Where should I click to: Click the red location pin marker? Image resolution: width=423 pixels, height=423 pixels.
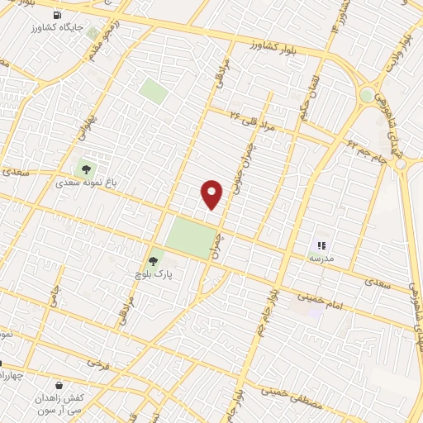[x=212, y=193]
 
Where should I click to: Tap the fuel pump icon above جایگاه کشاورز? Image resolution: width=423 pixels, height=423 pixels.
[x=56, y=15]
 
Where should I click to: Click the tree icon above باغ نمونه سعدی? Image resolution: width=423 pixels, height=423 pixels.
[x=85, y=170]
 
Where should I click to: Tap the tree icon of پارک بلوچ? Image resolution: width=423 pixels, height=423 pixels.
[x=152, y=261]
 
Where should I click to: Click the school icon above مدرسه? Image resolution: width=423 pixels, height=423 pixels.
[x=322, y=245]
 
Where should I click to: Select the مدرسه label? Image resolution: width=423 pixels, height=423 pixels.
[x=321, y=258]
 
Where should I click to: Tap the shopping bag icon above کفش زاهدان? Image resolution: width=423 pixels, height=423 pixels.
[x=59, y=385]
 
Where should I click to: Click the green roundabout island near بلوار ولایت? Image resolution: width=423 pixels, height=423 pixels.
[x=367, y=96]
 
